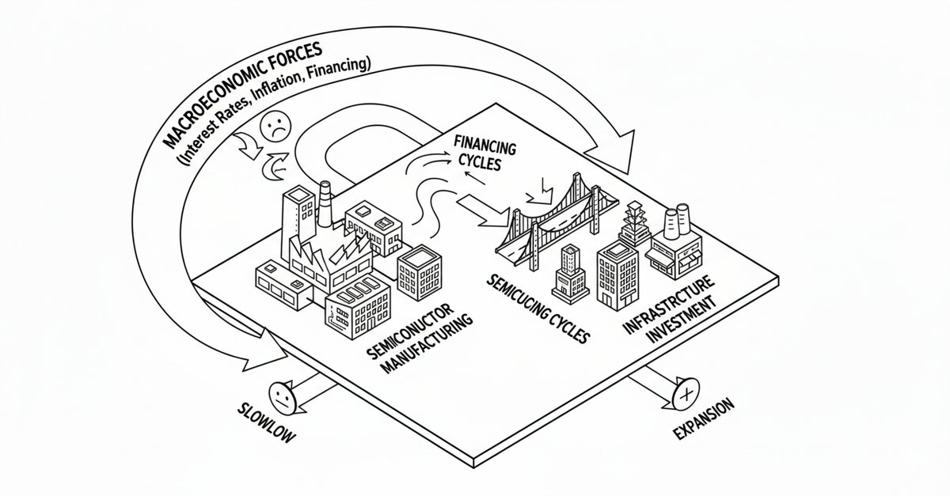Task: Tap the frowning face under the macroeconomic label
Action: [274, 127]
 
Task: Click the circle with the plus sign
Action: [685, 392]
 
